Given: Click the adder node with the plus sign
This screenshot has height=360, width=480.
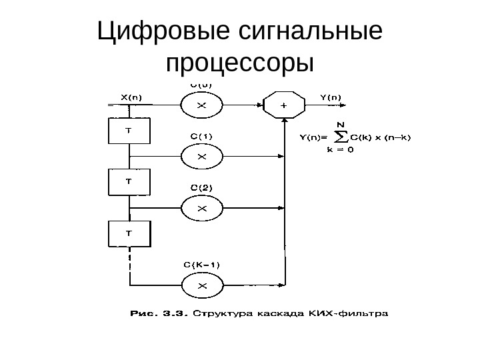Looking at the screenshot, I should (285, 105).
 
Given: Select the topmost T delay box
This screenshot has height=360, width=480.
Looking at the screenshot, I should (129, 131).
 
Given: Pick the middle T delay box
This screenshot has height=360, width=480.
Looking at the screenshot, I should (129, 182).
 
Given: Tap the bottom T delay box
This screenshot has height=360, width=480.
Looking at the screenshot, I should (129, 233).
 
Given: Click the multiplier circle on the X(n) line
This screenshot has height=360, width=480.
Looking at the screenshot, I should (203, 105).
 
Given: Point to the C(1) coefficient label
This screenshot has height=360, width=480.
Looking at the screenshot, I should (202, 137).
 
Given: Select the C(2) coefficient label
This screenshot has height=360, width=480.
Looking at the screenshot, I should (202, 188).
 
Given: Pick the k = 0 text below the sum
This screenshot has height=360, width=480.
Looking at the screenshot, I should (340, 150).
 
